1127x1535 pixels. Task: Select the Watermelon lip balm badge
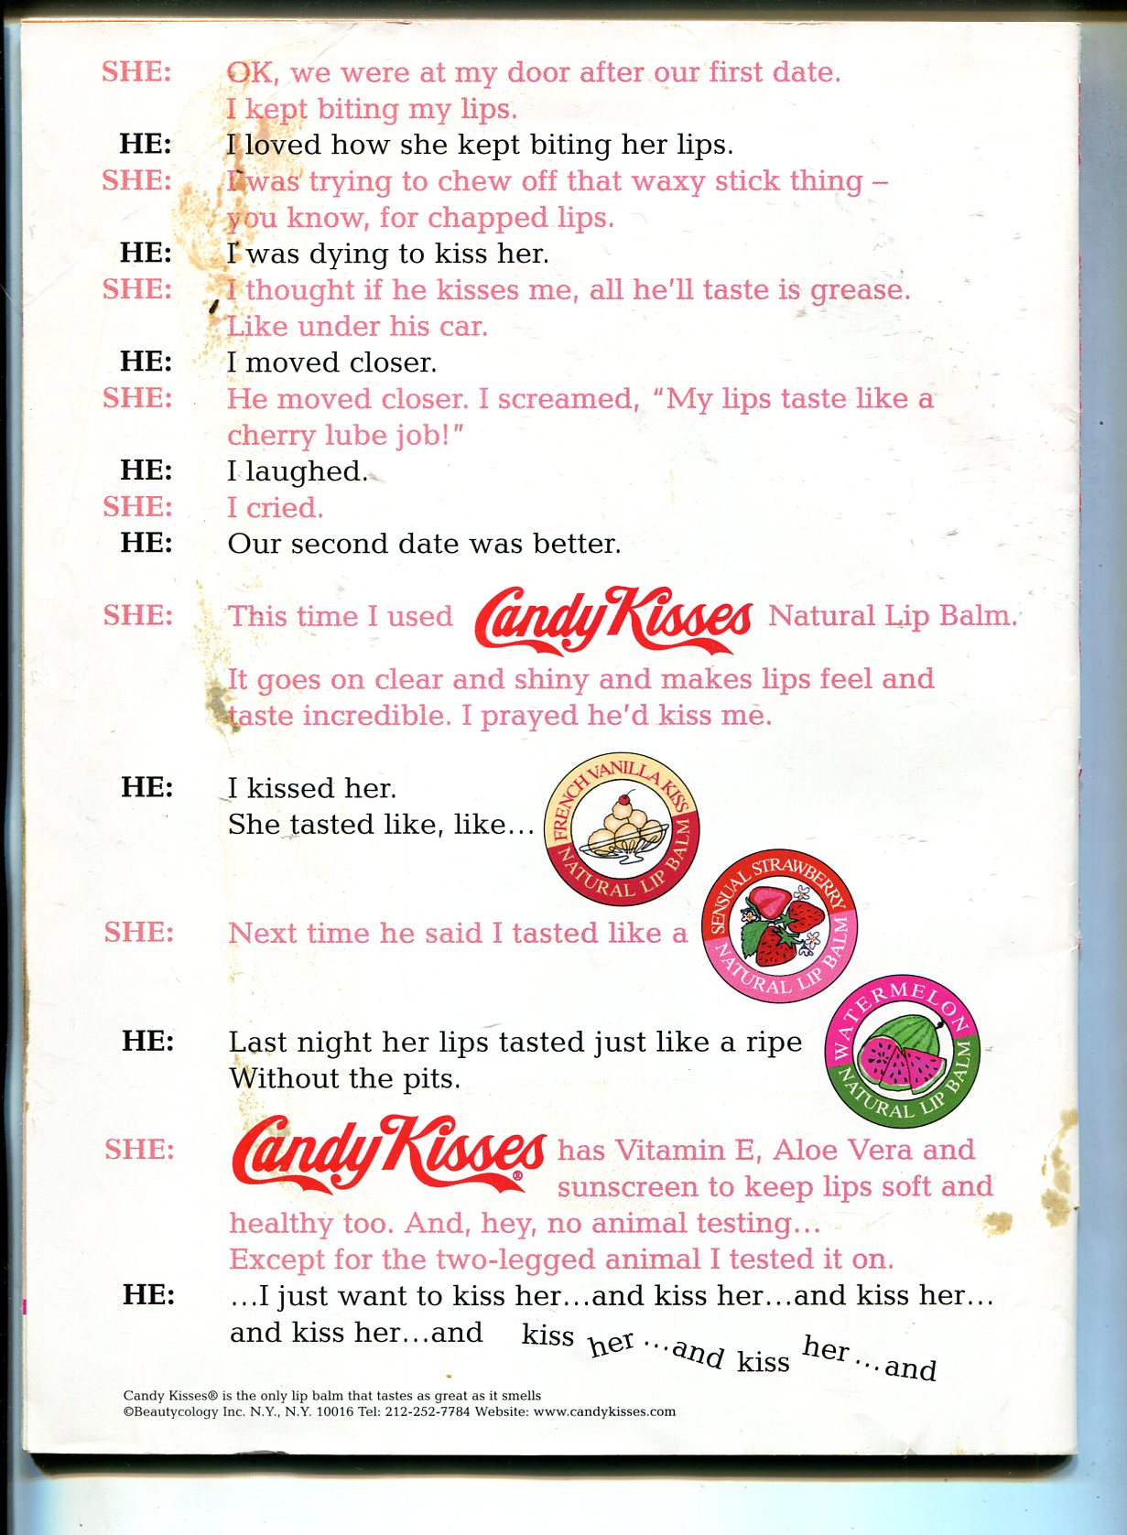(902, 1050)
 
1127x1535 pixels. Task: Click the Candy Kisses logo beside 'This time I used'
(612, 620)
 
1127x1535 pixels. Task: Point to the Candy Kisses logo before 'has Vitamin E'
(388, 1152)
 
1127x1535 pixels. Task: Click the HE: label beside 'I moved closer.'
(146, 362)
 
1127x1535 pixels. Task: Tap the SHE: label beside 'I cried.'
(137, 506)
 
